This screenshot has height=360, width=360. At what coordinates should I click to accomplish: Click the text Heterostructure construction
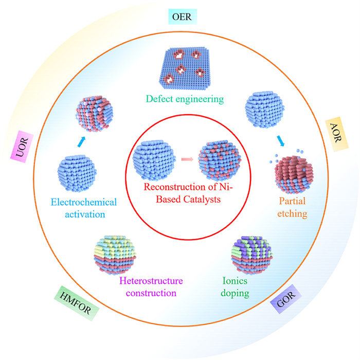[147, 287]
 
